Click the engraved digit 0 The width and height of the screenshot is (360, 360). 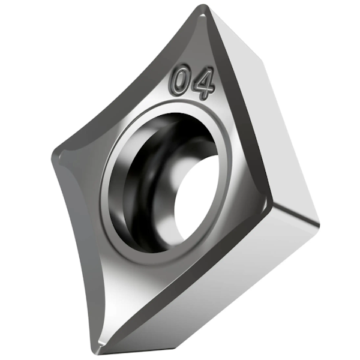180,80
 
